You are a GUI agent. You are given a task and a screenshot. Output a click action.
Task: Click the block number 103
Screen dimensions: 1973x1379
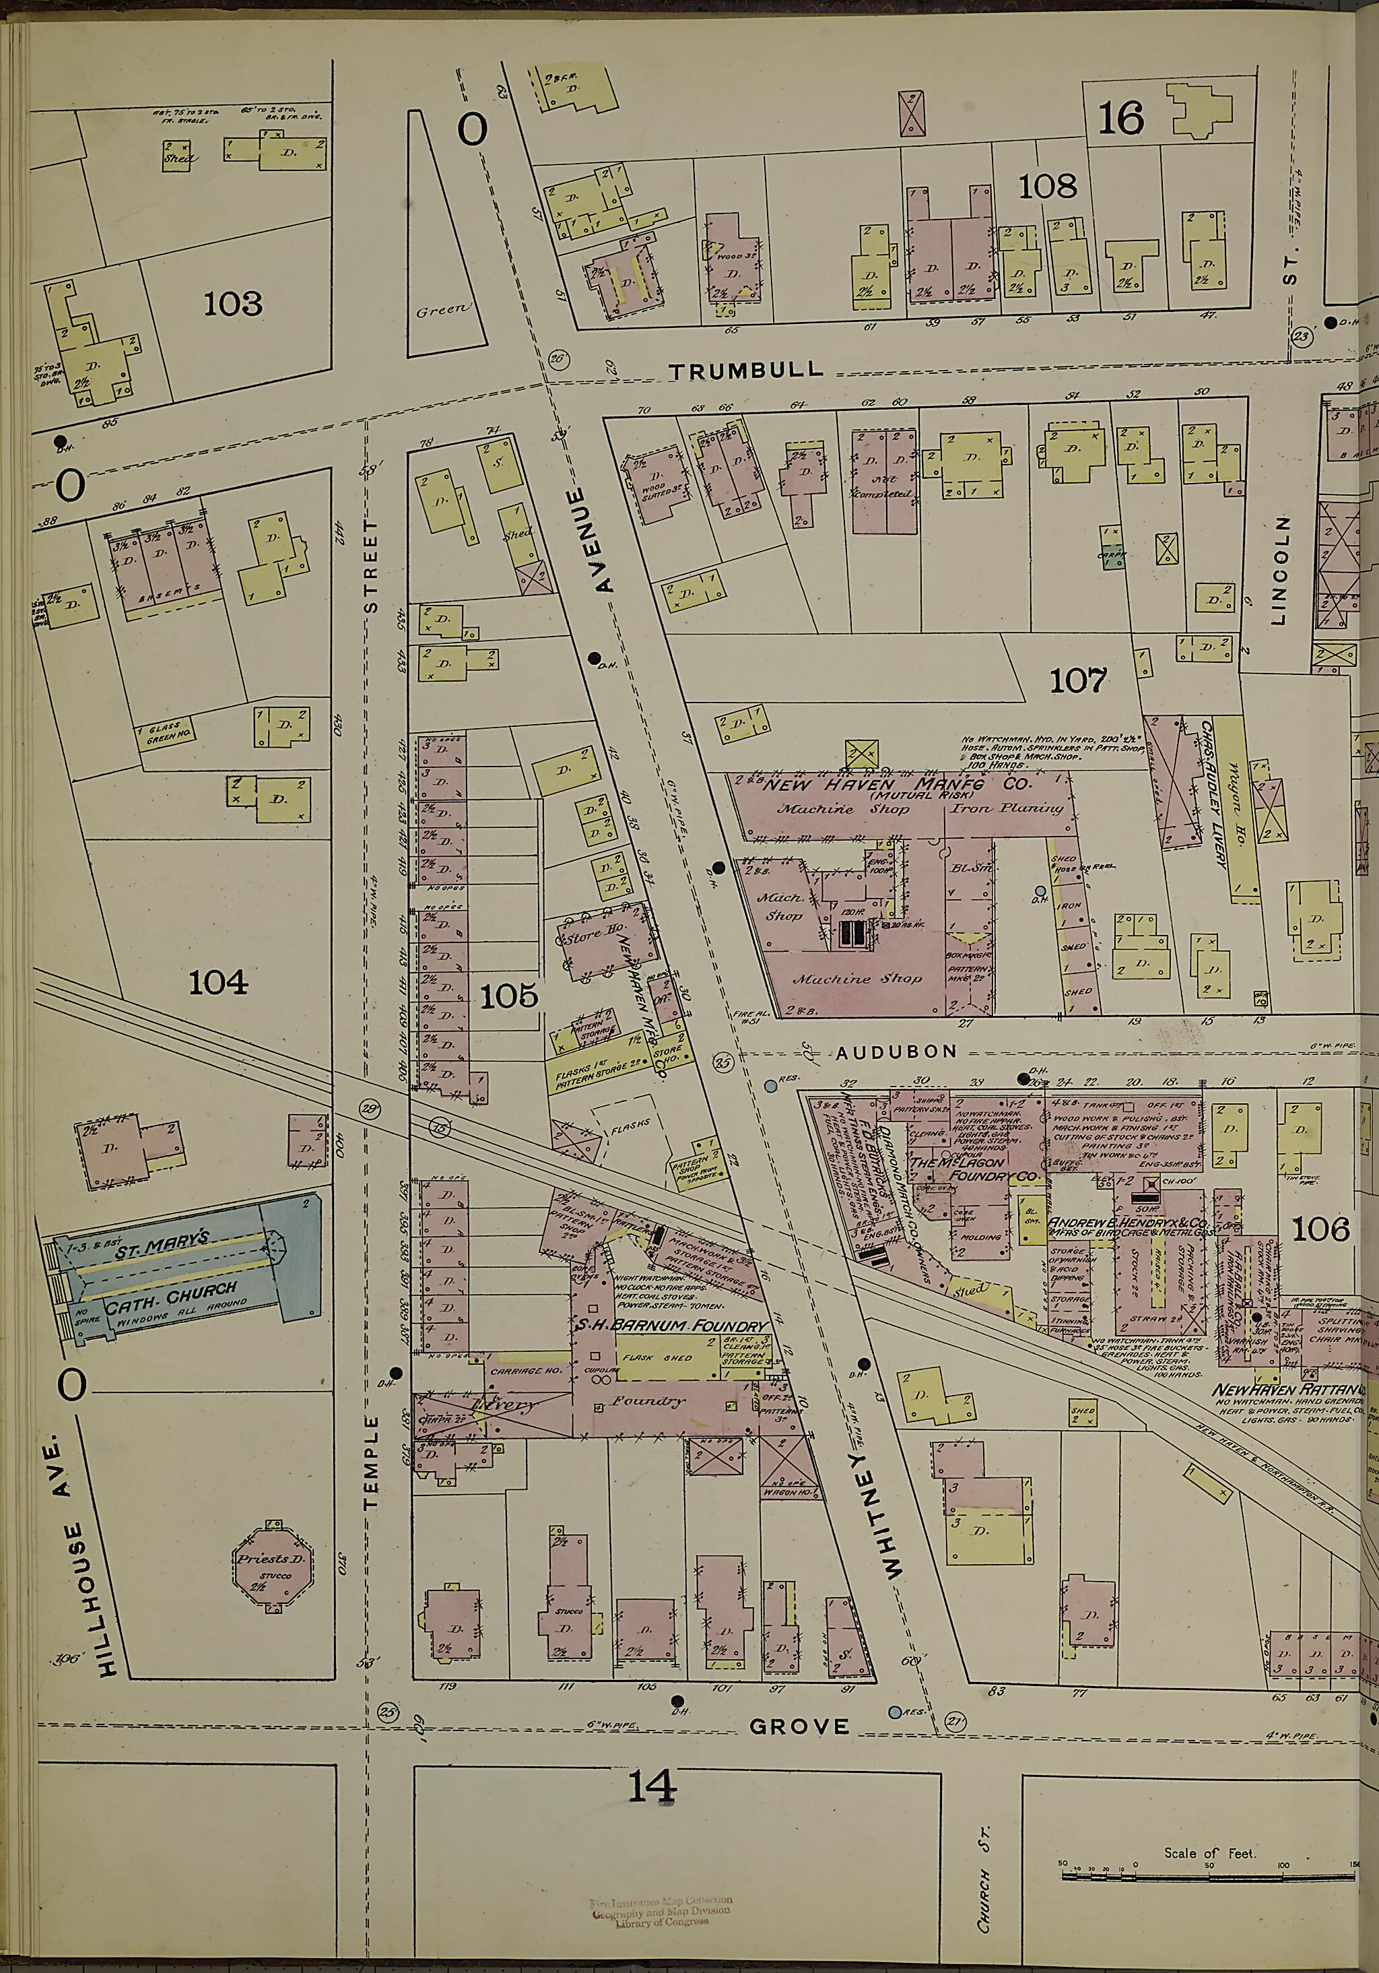point(233,304)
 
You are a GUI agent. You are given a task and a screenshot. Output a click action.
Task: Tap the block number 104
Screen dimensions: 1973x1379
point(218,981)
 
